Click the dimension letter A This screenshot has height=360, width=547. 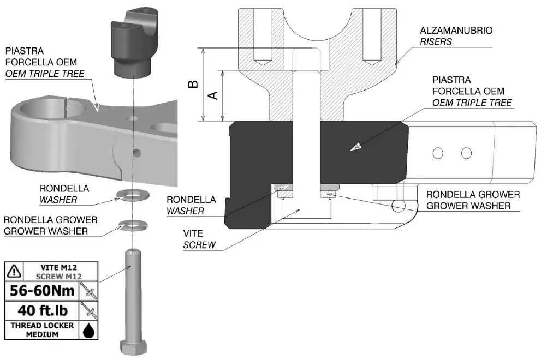(x=214, y=95)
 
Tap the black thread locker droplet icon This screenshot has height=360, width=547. (x=88, y=331)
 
